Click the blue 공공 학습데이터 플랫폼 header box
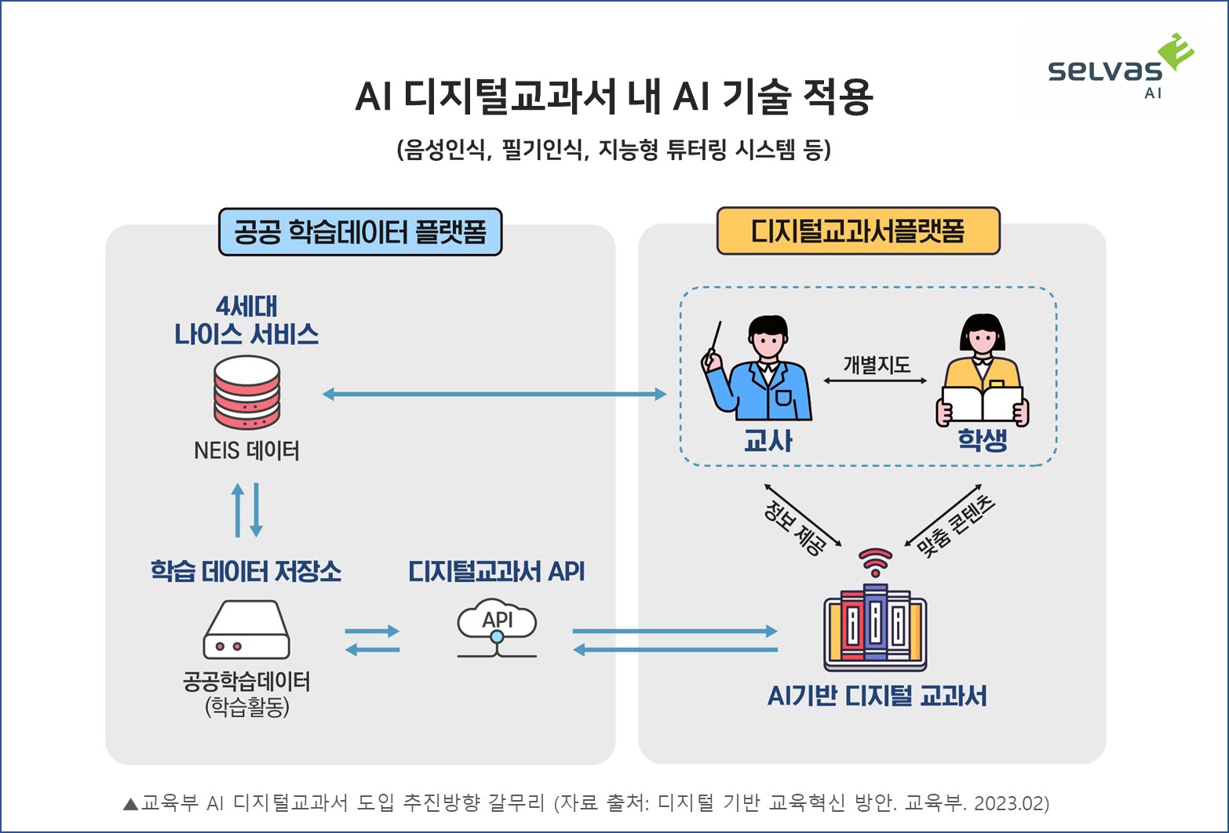(360, 232)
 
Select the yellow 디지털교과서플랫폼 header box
(858, 231)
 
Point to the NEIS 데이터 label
(247, 451)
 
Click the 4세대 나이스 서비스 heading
(246, 321)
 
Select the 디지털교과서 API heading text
(497, 571)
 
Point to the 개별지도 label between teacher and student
(877, 365)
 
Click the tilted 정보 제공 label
(795, 527)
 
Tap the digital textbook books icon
(875, 627)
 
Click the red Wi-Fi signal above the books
(876, 561)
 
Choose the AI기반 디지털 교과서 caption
(877, 696)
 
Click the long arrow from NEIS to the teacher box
(494, 394)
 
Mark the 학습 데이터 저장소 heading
(246, 571)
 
